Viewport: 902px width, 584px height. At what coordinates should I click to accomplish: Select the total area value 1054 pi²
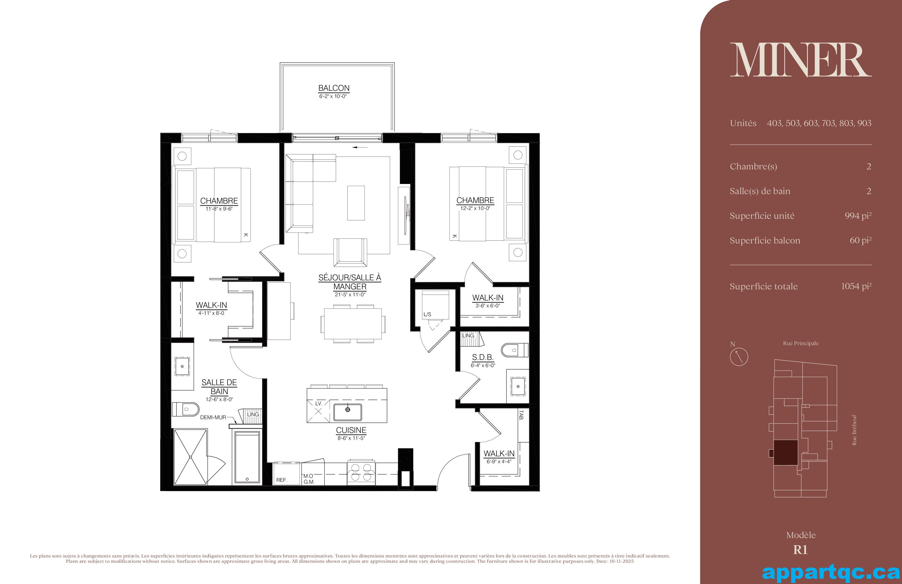click(856, 286)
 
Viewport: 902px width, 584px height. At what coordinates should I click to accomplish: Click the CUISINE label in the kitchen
click(351, 430)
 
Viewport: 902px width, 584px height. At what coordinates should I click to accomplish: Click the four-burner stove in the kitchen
click(361, 473)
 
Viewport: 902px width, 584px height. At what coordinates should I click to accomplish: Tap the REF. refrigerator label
click(281, 480)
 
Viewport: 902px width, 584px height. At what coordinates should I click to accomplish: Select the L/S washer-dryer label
click(427, 314)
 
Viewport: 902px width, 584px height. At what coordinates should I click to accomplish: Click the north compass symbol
click(739, 357)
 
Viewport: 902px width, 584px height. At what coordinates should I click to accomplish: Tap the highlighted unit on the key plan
click(785, 452)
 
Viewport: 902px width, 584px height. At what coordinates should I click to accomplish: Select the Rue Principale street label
click(801, 343)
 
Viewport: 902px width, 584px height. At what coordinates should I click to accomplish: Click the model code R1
click(800, 550)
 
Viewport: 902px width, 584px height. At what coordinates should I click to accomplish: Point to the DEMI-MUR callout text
click(213, 418)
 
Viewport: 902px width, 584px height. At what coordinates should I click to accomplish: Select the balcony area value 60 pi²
click(860, 241)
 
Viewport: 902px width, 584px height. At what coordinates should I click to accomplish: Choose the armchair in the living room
click(350, 252)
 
